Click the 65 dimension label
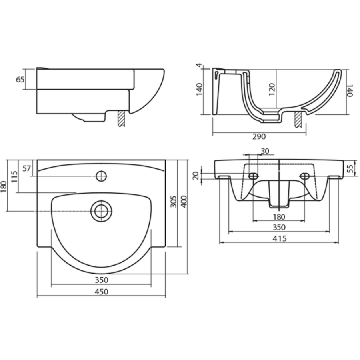20,80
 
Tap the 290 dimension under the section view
259,137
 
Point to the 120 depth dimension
272,90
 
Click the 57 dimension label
27,168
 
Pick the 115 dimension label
14,176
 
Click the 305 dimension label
173,202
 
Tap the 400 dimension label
184,202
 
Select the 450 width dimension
101,292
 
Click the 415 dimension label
280,239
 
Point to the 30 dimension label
265,151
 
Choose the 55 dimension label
350,168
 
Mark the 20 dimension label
196,176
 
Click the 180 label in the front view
279,217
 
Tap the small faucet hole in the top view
101,176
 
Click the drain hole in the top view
101,211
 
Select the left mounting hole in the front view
253,176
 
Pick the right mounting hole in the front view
305,176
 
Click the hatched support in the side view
121,118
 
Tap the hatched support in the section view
298,120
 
